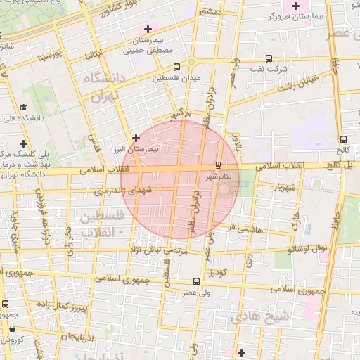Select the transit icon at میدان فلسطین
(176, 67)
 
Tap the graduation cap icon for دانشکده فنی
(25, 108)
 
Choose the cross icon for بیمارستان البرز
(136, 138)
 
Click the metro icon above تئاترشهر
(217, 165)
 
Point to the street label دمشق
(210, 12)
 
